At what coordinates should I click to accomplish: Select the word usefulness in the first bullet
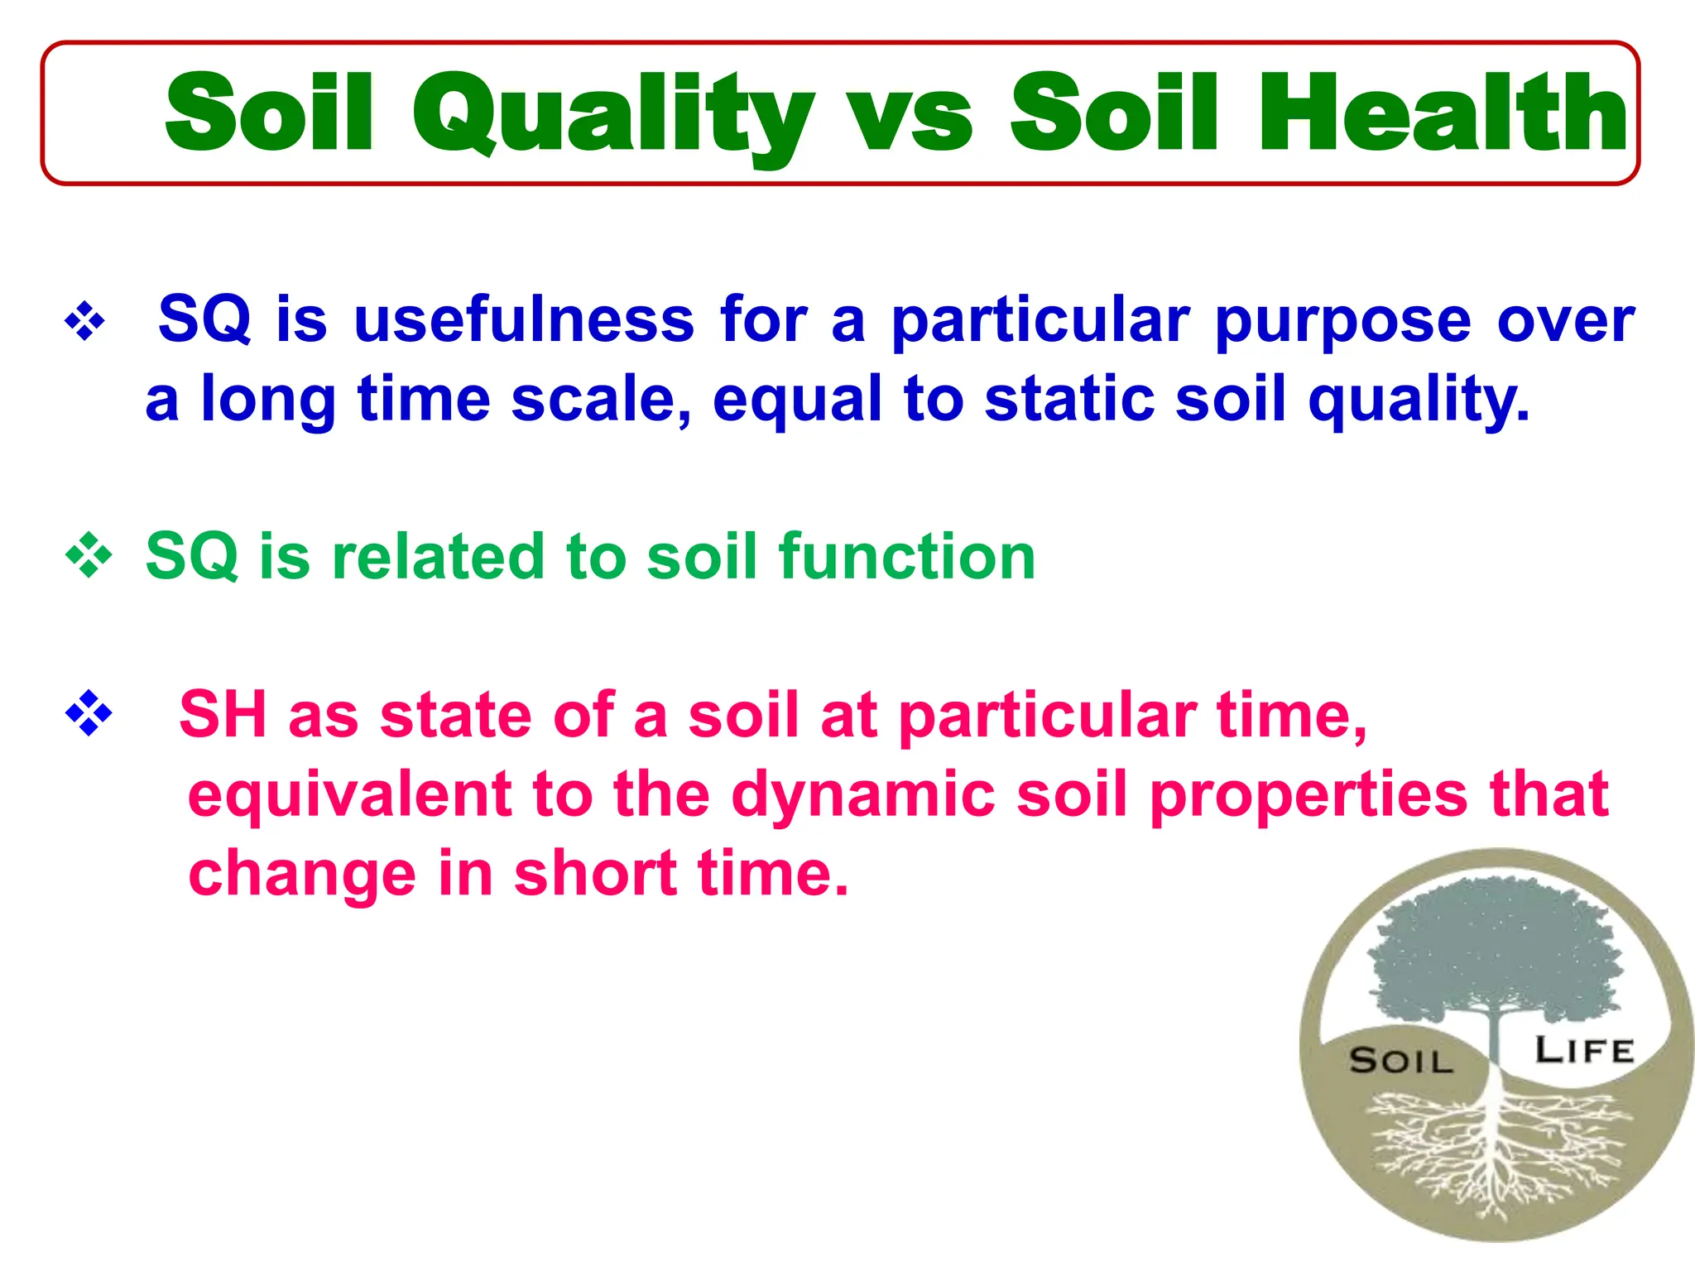click(524, 319)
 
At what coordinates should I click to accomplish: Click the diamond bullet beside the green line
click(89, 556)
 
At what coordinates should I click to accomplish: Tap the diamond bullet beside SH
click(89, 714)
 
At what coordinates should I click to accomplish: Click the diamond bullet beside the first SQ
click(85, 321)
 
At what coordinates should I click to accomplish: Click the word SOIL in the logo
click(1400, 1061)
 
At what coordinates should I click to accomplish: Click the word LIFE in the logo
click(1584, 1051)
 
